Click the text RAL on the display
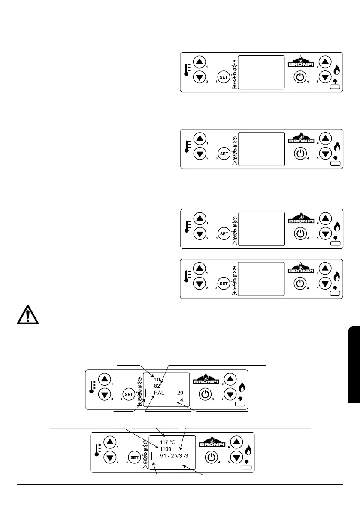[x=159, y=393]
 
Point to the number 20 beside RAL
[x=180, y=393]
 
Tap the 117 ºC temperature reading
[x=169, y=442]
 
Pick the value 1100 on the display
[x=166, y=449]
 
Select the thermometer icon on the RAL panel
[x=91, y=388]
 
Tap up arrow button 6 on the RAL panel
[x=230, y=379]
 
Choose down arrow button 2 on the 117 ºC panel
[x=111, y=457]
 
